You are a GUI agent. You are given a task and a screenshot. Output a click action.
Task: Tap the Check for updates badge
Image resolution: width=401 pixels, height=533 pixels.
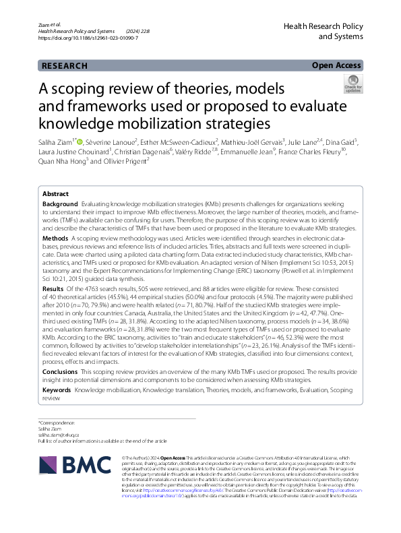352,84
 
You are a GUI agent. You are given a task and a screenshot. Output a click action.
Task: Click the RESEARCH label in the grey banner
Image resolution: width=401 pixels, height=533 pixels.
65,66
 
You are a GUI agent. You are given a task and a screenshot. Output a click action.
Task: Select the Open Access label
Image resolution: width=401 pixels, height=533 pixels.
337,65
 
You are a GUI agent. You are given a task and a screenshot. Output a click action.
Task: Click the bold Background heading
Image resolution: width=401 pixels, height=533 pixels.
60,203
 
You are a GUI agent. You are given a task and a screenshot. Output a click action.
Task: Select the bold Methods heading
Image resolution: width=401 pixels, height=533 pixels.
55,239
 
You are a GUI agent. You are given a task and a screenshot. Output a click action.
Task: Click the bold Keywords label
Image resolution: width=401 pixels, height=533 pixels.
57,390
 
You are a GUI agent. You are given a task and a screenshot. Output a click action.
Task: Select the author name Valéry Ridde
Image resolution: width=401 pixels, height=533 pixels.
231,152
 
